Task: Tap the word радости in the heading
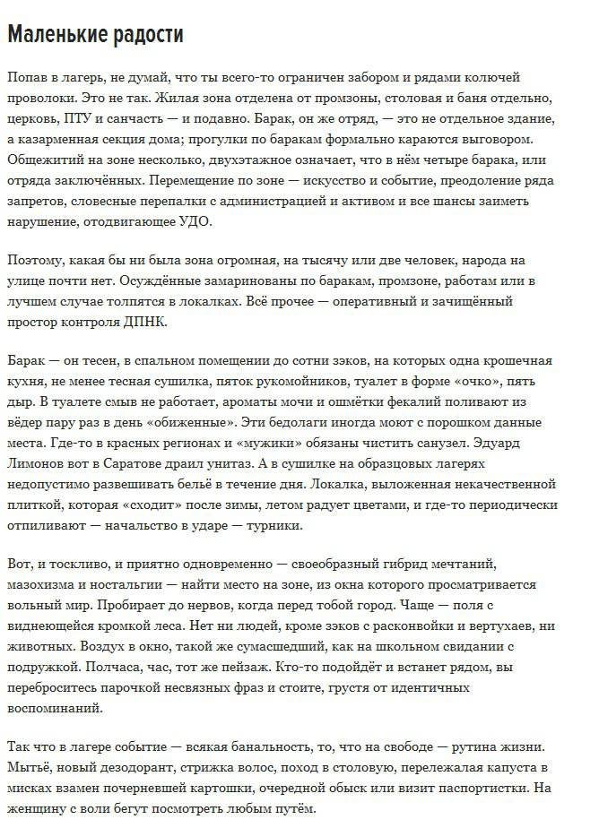[x=144, y=34]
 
